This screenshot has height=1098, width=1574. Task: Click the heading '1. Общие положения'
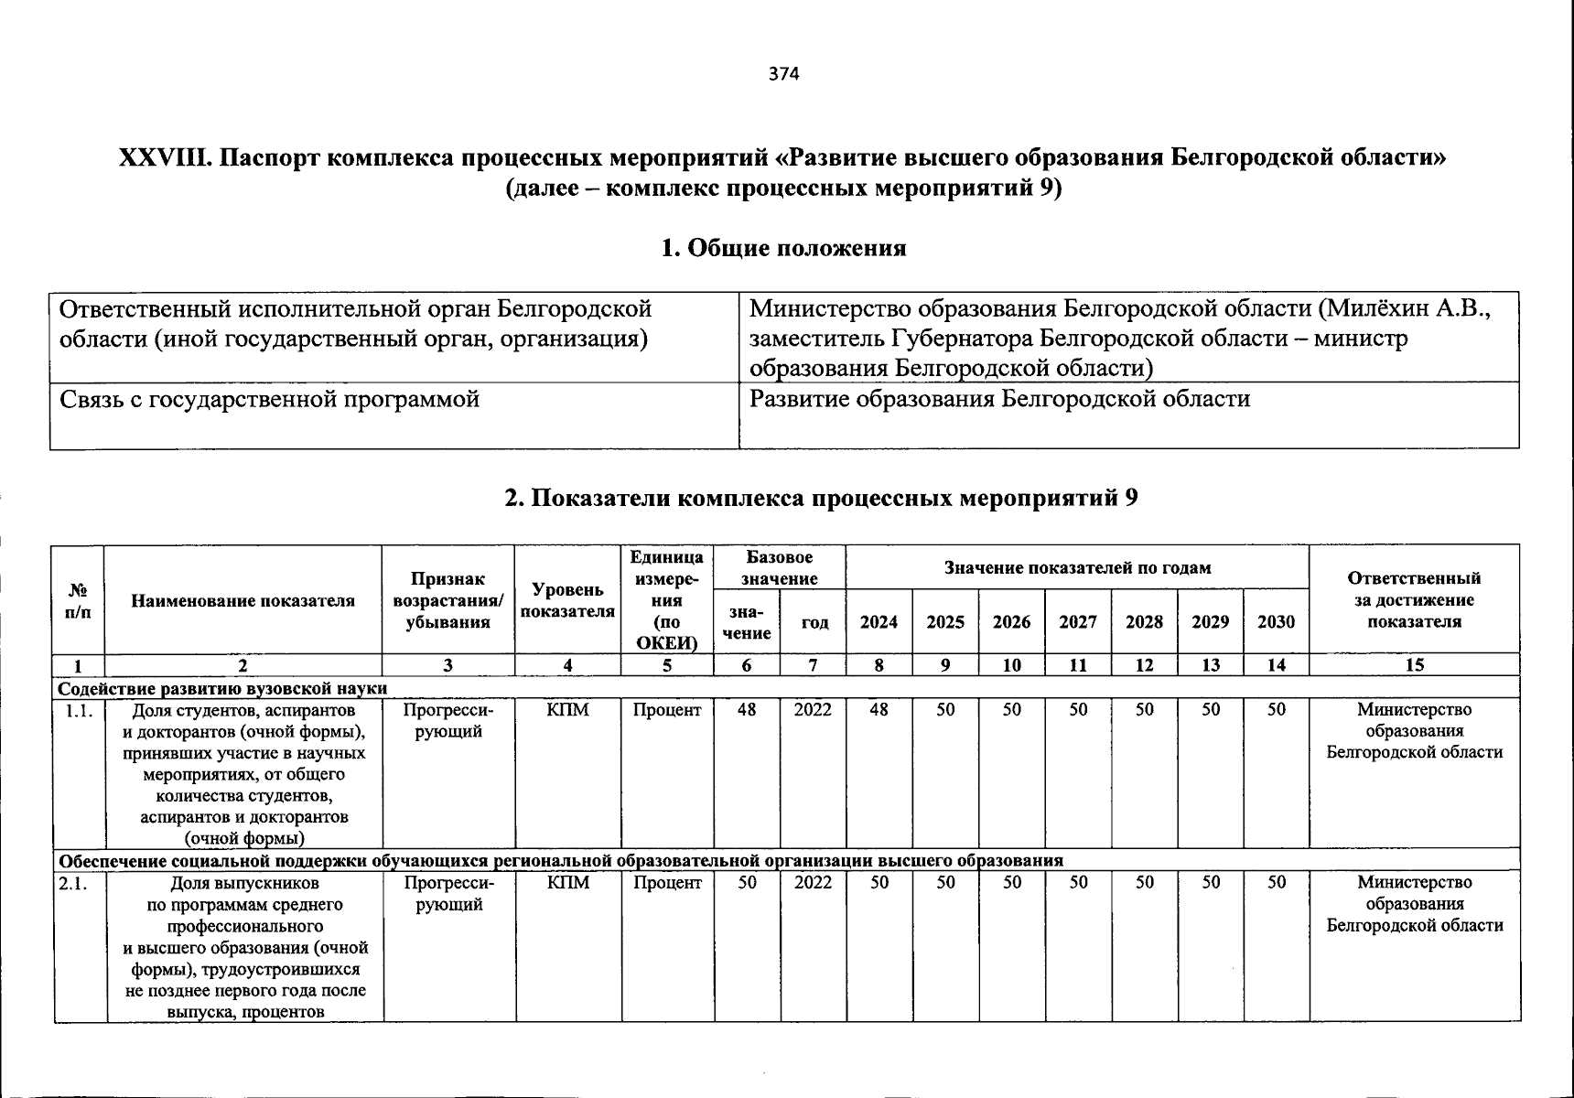tap(784, 248)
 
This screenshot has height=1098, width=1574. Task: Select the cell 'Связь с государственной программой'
tap(270, 400)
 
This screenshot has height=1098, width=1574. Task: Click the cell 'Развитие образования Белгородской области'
tap(999, 400)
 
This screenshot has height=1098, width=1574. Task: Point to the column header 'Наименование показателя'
tap(243, 601)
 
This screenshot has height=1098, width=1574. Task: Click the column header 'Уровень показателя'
tap(567, 601)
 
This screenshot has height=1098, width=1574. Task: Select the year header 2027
tap(1078, 622)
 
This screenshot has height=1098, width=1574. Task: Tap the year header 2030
tap(1276, 622)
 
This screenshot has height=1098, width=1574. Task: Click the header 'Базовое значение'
tap(779, 567)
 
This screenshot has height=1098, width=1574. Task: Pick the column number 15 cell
tap(1414, 665)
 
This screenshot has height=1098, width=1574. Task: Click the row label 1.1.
tap(79, 711)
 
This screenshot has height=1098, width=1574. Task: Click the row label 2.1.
tap(78, 884)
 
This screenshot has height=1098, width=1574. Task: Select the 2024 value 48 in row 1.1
tap(879, 710)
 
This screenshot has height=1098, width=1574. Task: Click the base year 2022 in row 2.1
tap(813, 883)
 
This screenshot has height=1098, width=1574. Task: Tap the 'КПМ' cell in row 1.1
tap(567, 710)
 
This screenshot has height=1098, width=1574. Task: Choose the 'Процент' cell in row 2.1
tap(667, 883)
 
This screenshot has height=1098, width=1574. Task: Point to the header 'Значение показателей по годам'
tap(1077, 567)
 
